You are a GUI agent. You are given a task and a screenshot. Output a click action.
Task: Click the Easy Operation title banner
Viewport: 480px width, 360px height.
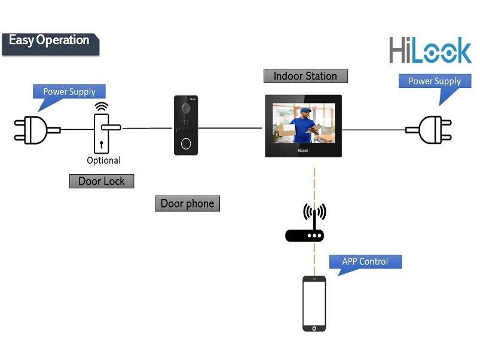pos(50,42)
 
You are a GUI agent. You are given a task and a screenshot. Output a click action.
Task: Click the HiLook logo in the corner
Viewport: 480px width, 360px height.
pos(430,51)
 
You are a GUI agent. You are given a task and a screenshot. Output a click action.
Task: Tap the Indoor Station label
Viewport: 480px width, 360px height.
pos(305,76)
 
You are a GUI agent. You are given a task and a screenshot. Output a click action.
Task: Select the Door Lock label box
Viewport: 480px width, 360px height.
pos(102,181)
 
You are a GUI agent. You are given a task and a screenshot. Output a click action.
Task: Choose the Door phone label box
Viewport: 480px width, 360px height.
pos(187,204)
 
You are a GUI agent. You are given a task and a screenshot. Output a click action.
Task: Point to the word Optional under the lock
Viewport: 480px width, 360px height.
pos(103,160)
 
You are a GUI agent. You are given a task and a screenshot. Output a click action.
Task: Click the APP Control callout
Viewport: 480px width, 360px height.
pos(365,262)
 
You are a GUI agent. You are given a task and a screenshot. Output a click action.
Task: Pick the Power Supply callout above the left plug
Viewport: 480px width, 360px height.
pos(69,92)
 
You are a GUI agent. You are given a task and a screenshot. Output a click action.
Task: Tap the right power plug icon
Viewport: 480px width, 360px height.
pos(432,130)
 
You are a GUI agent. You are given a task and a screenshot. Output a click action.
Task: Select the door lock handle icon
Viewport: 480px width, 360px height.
pos(103,132)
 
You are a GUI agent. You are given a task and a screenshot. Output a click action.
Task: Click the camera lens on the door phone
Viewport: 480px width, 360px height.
pos(186,109)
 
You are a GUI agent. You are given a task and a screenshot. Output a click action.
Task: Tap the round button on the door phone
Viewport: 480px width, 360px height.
pos(186,144)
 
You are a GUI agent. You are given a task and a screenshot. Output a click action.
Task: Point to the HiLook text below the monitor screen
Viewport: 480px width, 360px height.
pos(304,151)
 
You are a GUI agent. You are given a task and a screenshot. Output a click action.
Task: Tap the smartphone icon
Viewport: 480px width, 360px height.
pos(314,304)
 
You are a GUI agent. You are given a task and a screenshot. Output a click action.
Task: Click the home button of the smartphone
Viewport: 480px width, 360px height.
pos(314,327)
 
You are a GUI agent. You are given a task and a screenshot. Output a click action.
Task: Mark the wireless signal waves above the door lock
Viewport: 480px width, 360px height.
pos(102,106)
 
